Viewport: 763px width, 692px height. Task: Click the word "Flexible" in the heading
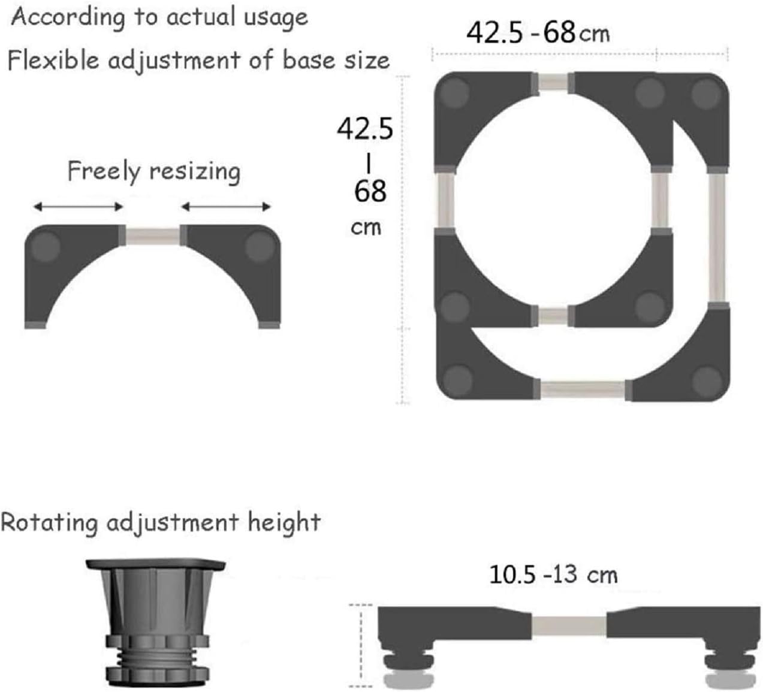click(x=53, y=60)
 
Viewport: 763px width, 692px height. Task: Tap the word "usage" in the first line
click(x=276, y=18)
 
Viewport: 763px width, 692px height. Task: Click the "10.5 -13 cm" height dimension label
click(x=553, y=574)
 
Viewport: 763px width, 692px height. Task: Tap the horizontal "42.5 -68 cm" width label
click(x=538, y=33)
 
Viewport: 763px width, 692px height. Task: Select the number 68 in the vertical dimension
click(x=370, y=191)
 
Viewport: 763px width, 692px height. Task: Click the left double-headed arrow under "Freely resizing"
click(x=78, y=207)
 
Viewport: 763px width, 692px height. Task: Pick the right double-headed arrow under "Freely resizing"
click(x=226, y=207)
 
